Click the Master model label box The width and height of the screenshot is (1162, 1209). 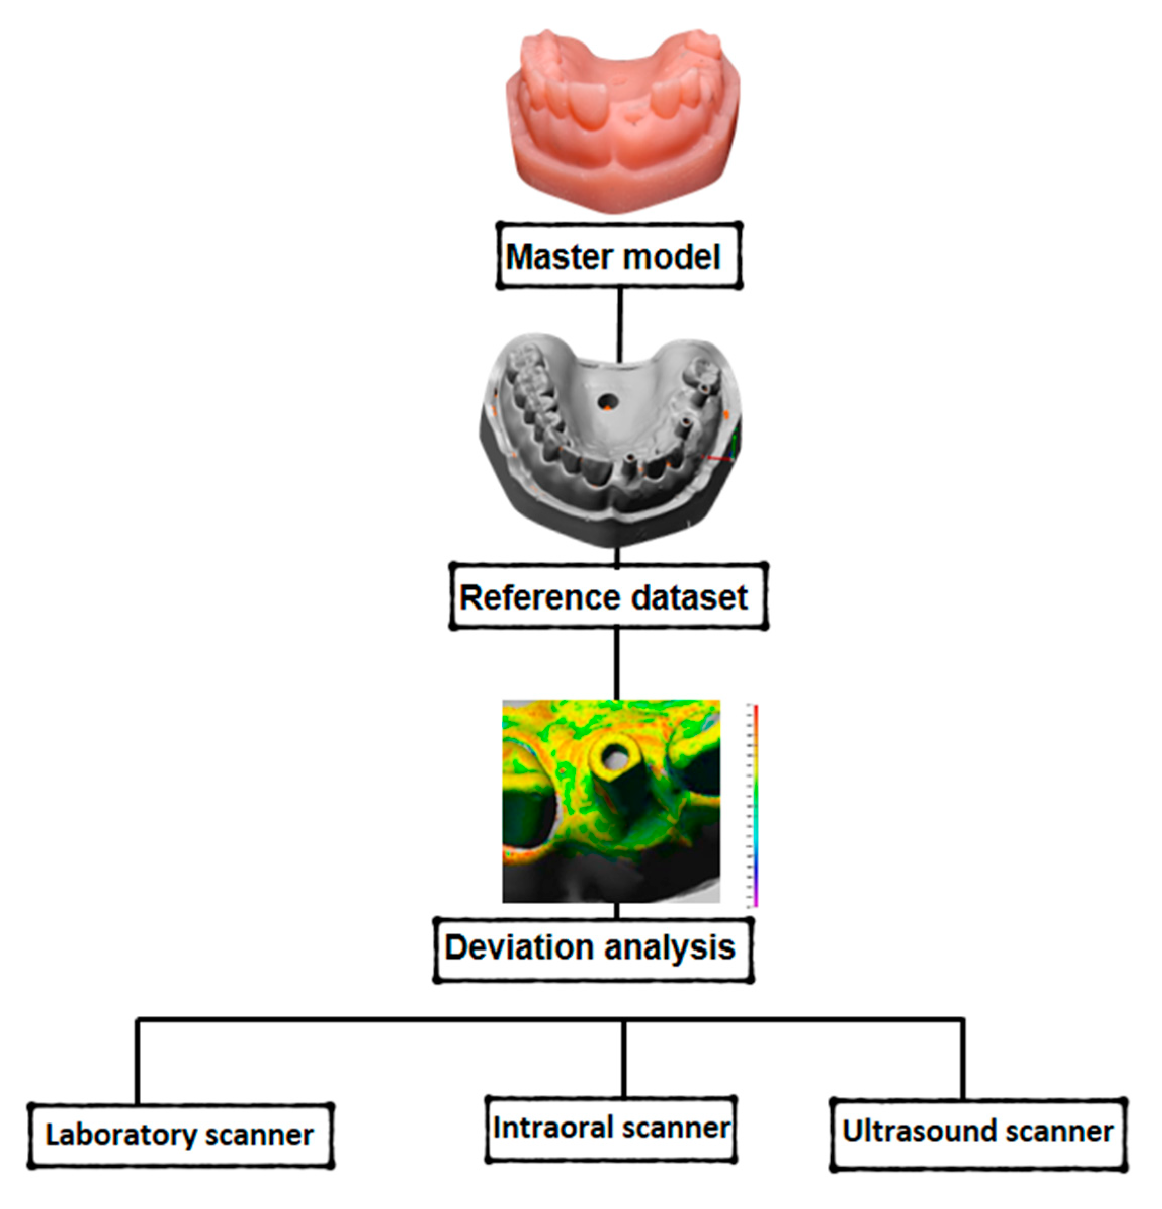[619, 256]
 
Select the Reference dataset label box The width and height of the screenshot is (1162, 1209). [608, 596]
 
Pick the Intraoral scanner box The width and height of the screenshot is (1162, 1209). [611, 1128]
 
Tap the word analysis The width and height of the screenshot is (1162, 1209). [669, 947]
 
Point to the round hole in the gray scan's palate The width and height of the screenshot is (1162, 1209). [608, 402]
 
